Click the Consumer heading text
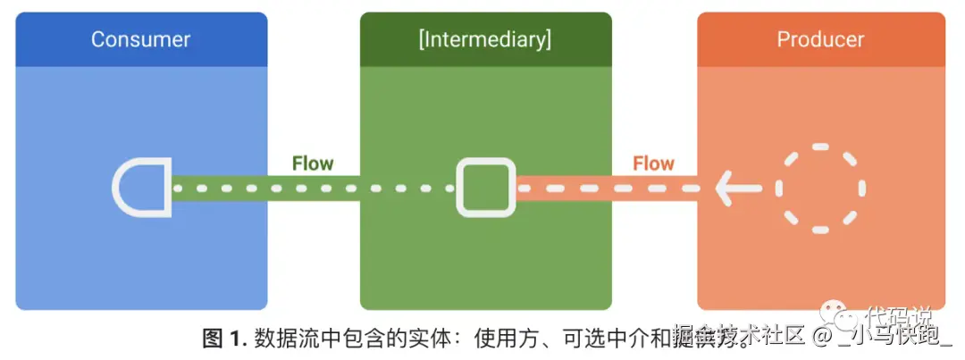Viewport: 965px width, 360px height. tap(141, 39)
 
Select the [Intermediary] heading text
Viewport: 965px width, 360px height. tap(485, 39)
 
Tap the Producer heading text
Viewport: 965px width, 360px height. tap(820, 39)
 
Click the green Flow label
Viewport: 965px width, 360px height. tap(313, 163)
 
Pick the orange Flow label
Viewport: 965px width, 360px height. tap(653, 163)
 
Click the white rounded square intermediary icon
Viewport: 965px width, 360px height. tap(486, 188)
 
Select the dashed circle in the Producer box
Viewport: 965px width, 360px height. tap(820, 188)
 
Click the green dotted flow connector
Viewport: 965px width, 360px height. tap(313, 188)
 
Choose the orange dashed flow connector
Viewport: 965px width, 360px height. tap(617, 188)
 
